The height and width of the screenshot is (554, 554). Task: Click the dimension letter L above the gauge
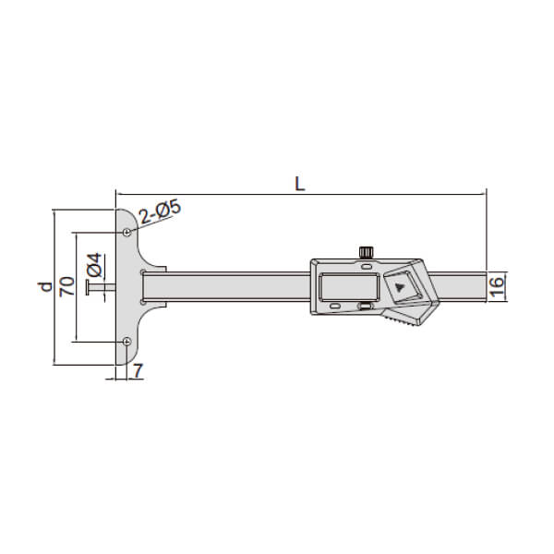point(299,184)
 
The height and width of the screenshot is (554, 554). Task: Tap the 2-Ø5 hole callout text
point(160,212)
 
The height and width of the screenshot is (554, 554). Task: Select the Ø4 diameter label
point(95,265)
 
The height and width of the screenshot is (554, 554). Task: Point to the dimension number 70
point(67,286)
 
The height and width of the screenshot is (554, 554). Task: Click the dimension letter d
point(45,286)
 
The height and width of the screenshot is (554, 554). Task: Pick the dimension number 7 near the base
point(137,370)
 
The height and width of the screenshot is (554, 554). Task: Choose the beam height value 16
point(497,287)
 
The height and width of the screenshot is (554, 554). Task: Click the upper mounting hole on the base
point(126,232)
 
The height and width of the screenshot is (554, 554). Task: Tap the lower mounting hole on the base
point(126,342)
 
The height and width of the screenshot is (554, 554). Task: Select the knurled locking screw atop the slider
point(367,253)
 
